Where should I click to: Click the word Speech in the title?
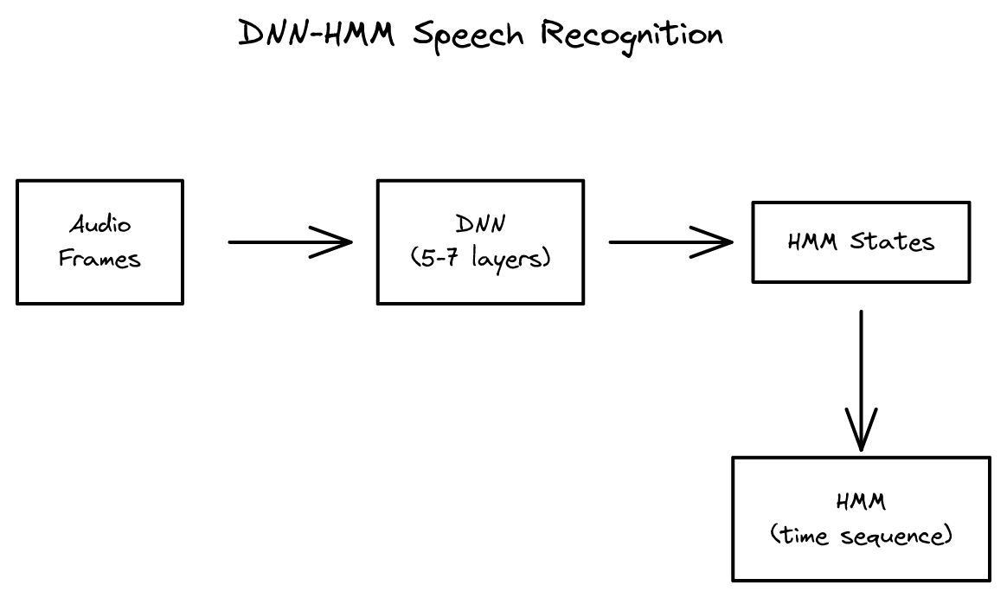[469, 35]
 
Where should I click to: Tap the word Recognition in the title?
[632, 35]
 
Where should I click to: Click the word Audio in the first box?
[100, 225]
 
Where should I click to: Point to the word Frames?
[100, 258]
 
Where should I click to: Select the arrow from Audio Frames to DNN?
[277, 242]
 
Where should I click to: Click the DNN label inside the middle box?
[480, 225]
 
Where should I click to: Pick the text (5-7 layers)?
[480, 258]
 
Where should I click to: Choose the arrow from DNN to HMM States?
[657, 242]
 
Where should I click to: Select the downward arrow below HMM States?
[861, 363]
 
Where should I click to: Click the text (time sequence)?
[861, 536]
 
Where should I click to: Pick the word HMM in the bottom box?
[861, 502]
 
